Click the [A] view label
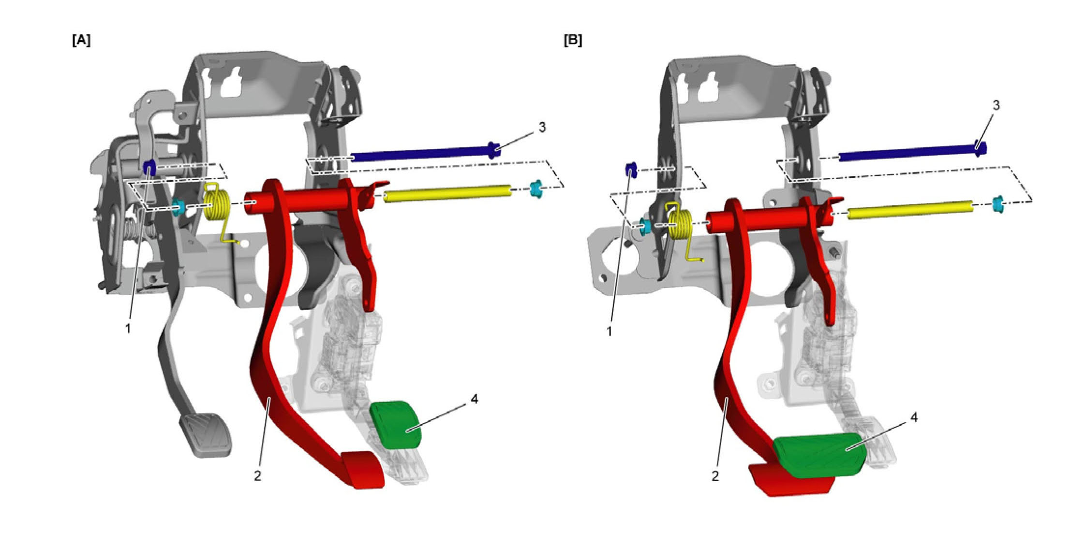pyautogui.click(x=81, y=41)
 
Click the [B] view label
pyautogui.click(x=573, y=41)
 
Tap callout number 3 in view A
pyautogui.click(x=542, y=127)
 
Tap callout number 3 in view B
pyautogui.click(x=996, y=105)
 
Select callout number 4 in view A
pyautogui.click(x=474, y=399)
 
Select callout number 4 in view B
pyautogui.click(x=914, y=417)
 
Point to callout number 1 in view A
pyautogui.click(x=128, y=329)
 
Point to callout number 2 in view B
pyautogui.click(x=715, y=476)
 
